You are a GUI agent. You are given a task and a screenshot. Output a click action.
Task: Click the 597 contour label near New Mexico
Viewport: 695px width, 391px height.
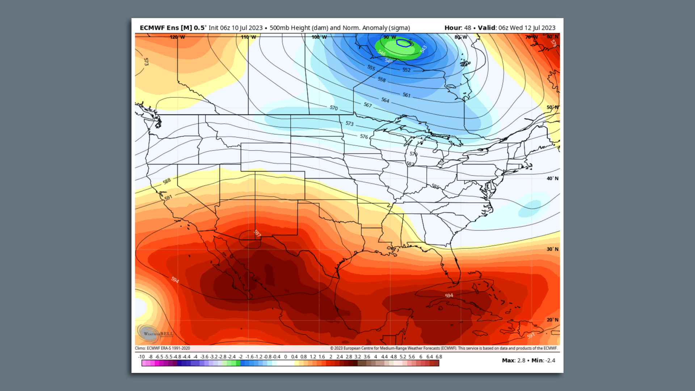tap(257, 233)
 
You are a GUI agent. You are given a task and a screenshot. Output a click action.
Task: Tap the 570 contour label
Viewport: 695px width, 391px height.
tap(333, 108)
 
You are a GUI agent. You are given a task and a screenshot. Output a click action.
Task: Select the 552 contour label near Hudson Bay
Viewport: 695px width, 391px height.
tap(407, 70)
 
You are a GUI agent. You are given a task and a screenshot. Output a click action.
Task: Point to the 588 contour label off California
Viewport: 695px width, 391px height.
tap(167, 181)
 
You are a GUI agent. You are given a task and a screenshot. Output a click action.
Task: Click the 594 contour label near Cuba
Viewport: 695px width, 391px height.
tap(449, 295)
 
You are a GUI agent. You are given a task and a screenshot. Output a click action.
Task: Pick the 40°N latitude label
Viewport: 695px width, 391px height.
tap(552, 178)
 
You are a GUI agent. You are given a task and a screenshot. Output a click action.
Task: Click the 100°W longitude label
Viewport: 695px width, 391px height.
tap(319, 37)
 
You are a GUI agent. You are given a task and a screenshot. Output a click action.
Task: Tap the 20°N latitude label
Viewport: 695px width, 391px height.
tap(552, 320)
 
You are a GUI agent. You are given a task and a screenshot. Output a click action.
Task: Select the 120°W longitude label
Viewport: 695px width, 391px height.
tap(177, 37)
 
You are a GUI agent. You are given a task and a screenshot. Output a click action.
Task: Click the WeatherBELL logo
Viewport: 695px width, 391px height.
tap(155, 333)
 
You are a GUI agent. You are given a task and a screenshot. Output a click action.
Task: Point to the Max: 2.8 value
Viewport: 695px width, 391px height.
tap(513, 360)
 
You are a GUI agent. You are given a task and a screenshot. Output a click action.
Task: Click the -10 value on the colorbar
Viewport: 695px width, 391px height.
tap(141, 357)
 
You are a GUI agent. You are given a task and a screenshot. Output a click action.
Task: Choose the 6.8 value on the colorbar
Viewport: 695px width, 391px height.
tap(439, 357)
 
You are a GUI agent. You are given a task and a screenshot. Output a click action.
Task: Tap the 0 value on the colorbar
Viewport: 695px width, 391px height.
tap(285, 357)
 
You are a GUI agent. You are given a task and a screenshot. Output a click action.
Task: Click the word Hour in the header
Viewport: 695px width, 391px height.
tap(452, 28)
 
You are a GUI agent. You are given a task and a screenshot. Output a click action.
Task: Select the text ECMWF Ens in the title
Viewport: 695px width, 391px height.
tap(159, 28)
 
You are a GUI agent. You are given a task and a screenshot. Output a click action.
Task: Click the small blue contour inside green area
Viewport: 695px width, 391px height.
tap(403, 43)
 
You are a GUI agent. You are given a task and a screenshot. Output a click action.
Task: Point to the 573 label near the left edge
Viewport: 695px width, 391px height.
tap(146, 62)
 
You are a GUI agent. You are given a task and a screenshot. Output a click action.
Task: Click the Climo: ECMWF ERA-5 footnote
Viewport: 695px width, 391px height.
tap(162, 348)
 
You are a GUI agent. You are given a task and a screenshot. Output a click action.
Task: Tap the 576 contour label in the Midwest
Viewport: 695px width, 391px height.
tap(364, 136)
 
